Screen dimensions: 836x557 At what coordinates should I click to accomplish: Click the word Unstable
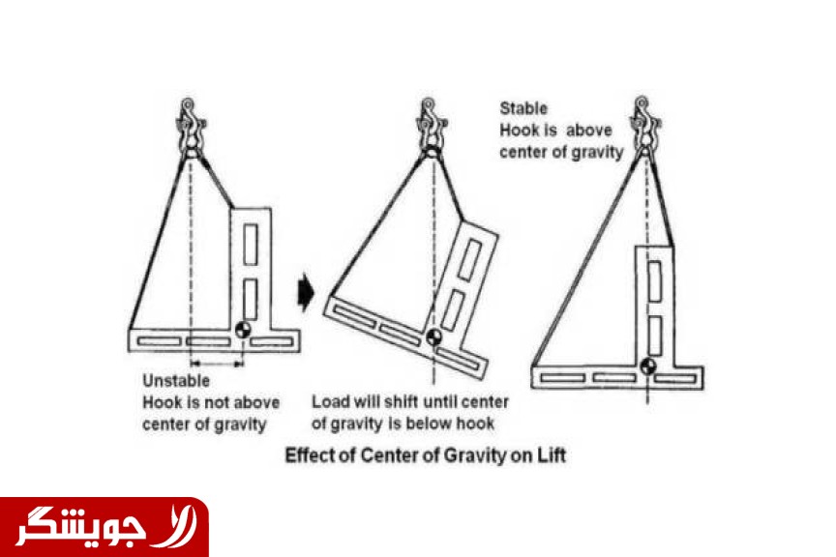pos(176,381)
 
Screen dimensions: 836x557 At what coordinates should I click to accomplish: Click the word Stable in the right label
pos(523,108)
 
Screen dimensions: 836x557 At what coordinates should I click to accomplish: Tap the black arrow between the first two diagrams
pos(306,292)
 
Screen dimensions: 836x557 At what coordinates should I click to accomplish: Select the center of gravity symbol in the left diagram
pos(243,330)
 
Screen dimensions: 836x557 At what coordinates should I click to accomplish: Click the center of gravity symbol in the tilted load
pos(434,337)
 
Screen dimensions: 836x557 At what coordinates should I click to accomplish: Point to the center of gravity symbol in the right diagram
pos(648,366)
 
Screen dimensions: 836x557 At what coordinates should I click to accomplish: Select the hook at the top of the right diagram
pos(643,127)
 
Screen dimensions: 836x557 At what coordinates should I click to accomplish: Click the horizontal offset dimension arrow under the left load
pos(217,364)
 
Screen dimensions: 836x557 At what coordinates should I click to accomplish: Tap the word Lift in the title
pos(552,455)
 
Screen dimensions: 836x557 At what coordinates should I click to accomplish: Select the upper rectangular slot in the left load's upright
pos(251,244)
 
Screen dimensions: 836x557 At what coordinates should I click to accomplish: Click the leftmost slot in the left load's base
pos(159,341)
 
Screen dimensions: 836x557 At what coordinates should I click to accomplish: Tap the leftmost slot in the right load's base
pos(562,378)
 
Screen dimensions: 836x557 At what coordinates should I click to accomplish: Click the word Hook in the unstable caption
pos(163,402)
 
